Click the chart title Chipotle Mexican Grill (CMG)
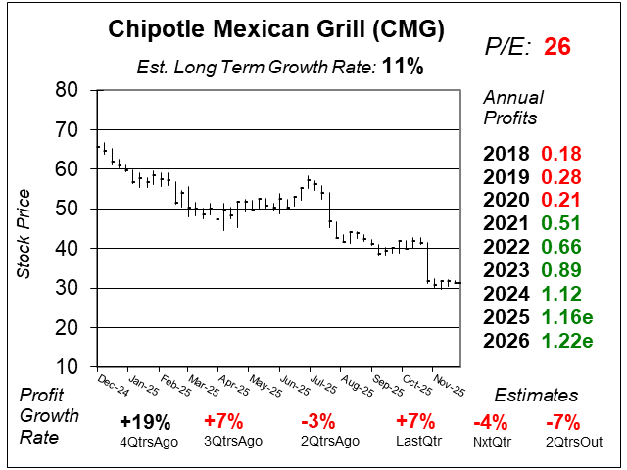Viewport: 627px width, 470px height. coord(274,30)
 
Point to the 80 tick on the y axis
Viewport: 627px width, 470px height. coord(67,89)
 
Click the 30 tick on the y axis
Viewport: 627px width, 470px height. coord(67,289)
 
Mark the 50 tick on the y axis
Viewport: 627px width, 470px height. coord(67,209)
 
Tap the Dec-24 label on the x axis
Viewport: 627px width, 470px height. coord(113,384)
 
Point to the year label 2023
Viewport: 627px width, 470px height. coord(508,271)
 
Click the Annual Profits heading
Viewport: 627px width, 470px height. coord(510,108)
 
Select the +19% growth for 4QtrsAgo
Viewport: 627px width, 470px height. coord(146,422)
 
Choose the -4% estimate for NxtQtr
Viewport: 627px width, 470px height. coord(491,422)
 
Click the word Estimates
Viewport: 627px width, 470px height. coord(536,396)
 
